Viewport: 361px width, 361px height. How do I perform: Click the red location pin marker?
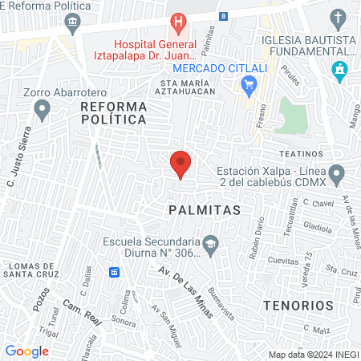(x=181, y=164)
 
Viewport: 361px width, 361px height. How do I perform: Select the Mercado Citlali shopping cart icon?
(x=249, y=83)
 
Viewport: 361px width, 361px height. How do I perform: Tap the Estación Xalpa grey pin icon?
(x=337, y=172)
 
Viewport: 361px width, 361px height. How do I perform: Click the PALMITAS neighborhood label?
(x=205, y=209)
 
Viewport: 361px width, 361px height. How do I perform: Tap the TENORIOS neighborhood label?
(x=298, y=306)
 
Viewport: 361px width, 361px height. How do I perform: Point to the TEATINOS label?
(x=300, y=152)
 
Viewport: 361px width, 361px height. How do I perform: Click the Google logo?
(x=26, y=351)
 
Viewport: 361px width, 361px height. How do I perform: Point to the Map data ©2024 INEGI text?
(x=313, y=355)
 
